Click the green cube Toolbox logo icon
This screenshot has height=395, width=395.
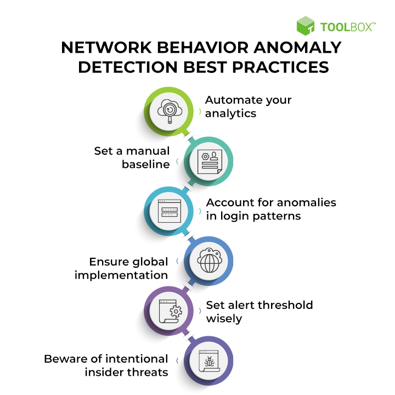click(306, 26)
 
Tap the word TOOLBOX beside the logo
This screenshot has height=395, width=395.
click(346, 27)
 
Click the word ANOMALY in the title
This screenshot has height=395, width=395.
click(297, 47)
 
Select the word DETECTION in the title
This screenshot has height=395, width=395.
click(128, 67)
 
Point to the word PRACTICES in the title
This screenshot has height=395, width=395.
click(280, 67)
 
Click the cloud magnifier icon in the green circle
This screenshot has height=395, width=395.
click(170, 111)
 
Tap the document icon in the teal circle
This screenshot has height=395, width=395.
click(210, 162)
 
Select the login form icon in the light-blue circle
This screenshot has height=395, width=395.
click(170, 211)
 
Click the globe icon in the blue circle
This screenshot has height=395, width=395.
click(210, 261)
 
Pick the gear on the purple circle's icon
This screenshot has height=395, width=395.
click(176, 312)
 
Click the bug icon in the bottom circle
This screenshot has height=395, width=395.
click(209, 361)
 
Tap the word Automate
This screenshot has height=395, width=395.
click(234, 100)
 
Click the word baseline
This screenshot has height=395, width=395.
click(145, 164)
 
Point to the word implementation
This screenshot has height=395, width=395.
click(121, 275)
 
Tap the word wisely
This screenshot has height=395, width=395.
click(224, 319)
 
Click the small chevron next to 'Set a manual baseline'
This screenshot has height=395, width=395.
click(177, 161)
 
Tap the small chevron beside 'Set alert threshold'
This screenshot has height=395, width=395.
click(200, 311)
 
